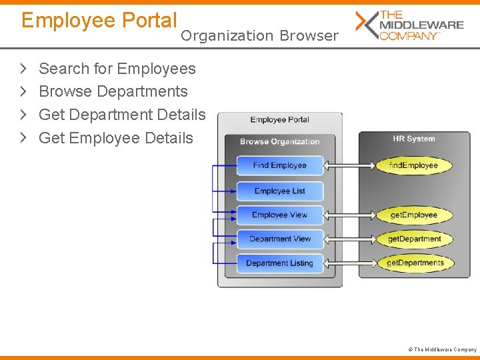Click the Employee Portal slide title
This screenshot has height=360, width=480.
99,21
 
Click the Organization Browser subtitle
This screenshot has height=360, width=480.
259,36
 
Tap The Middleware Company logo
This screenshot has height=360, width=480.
409,25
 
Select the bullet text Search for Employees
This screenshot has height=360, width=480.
117,69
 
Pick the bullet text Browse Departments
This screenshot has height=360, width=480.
113,91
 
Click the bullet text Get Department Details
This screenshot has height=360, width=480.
122,115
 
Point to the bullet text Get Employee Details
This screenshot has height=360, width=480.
116,138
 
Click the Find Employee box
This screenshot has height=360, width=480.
280,165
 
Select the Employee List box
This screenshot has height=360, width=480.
280,191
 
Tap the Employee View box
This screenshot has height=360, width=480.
280,215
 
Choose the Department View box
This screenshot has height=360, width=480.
280,239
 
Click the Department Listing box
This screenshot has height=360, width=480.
280,263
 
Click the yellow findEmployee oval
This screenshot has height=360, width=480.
414,165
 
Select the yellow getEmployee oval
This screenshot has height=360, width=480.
414,215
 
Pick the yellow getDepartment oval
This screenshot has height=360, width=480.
414,239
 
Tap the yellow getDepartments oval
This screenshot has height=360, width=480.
414,263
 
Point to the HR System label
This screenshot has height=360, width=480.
413,139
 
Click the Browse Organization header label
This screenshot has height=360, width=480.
280,141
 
